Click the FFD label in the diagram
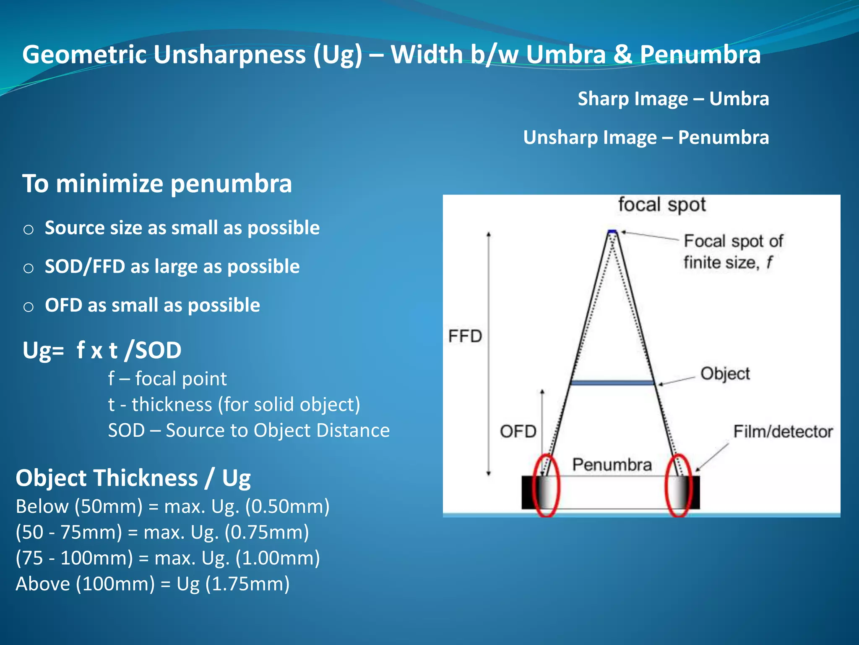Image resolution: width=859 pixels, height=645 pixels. click(x=465, y=336)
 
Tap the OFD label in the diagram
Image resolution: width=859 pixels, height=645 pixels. click(x=518, y=432)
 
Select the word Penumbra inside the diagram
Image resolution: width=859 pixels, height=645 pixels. click(x=612, y=465)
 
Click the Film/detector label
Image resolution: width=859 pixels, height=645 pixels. click(x=783, y=432)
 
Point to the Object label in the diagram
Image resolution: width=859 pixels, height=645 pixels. click(x=725, y=374)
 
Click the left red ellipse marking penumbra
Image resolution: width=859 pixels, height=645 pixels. click(x=546, y=485)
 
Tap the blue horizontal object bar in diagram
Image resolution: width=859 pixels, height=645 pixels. click(x=612, y=383)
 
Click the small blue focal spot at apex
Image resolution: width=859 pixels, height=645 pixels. click(x=612, y=231)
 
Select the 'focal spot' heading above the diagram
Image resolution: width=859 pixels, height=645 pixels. click(x=662, y=205)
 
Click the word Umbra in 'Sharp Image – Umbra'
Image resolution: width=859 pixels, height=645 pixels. click(x=739, y=99)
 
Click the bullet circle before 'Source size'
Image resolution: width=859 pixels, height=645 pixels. click(x=29, y=230)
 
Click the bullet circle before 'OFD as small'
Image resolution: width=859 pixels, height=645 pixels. click(x=29, y=307)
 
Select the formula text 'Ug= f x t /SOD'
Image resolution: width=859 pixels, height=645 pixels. click(x=102, y=350)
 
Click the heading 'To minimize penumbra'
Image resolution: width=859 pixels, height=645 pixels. click(x=157, y=184)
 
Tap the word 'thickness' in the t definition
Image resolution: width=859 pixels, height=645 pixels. click(x=172, y=405)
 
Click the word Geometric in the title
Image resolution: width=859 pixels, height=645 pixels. click(x=84, y=55)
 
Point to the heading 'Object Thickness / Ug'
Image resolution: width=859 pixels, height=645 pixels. click(x=133, y=478)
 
